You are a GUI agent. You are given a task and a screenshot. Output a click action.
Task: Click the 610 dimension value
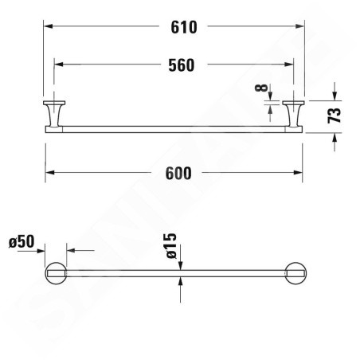pyautogui.click(x=184, y=27)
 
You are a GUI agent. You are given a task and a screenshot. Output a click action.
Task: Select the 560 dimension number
pyautogui.click(x=182, y=65)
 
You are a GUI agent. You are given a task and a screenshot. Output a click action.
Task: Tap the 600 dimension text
pyautogui.click(x=178, y=174)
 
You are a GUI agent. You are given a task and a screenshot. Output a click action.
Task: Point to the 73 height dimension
pyautogui.click(x=334, y=115)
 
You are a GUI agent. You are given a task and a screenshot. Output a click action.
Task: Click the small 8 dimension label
pyautogui.click(x=261, y=88)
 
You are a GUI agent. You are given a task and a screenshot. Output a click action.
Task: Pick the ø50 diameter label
pyautogui.click(x=22, y=241)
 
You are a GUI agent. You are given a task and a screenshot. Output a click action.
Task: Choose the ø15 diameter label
pyautogui.click(x=171, y=246)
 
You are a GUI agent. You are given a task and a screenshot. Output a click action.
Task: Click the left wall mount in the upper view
pyautogui.click(x=54, y=114)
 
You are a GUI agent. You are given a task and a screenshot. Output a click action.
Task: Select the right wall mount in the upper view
pyautogui.click(x=293, y=114)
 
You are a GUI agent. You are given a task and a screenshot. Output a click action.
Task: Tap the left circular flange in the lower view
pyautogui.click(x=56, y=273)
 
